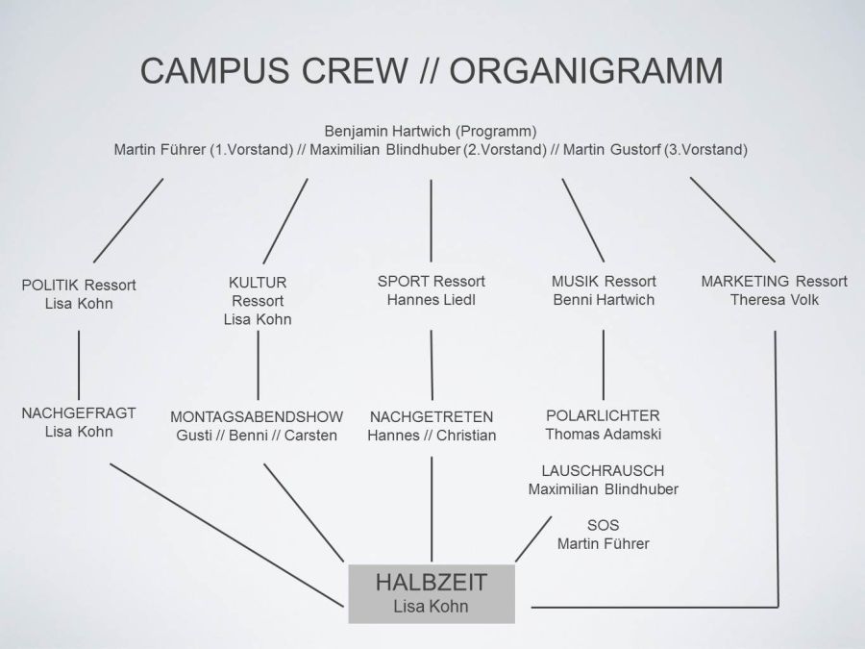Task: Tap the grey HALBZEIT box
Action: point(431,593)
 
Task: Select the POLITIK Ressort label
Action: point(79,285)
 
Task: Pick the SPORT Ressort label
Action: point(432,281)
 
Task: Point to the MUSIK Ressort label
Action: point(604,281)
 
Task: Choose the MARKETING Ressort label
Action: point(774,281)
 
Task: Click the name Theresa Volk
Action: point(774,300)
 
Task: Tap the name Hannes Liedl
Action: point(432,300)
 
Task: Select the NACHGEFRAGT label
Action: point(79,412)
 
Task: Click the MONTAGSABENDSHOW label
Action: point(257,416)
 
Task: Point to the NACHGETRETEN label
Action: point(432,416)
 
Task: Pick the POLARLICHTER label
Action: point(603,415)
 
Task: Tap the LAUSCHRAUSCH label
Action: point(603,470)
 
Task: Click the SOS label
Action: point(603,525)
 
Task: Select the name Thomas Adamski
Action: point(603,435)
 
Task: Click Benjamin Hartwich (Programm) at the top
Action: point(430,130)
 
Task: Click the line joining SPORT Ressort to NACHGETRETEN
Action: point(432,363)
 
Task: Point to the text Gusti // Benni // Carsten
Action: point(257,436)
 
